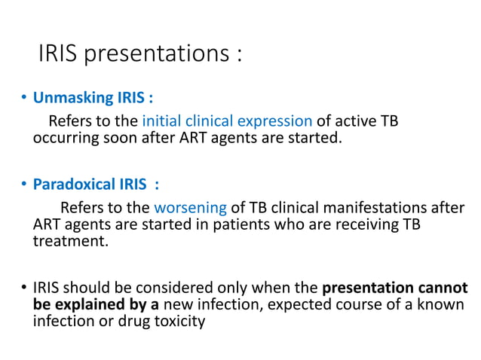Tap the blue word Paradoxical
tap(73, 185)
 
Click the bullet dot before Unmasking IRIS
tap(23, 99)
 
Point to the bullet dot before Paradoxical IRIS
tap(23, 185)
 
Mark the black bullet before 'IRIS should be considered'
tap(23, 288)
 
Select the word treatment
tap(70, 243)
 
